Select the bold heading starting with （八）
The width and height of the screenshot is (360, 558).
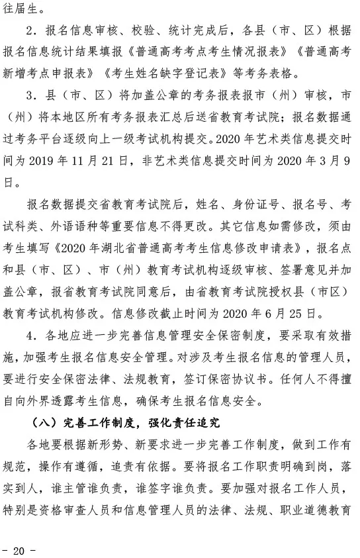[124, 421]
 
